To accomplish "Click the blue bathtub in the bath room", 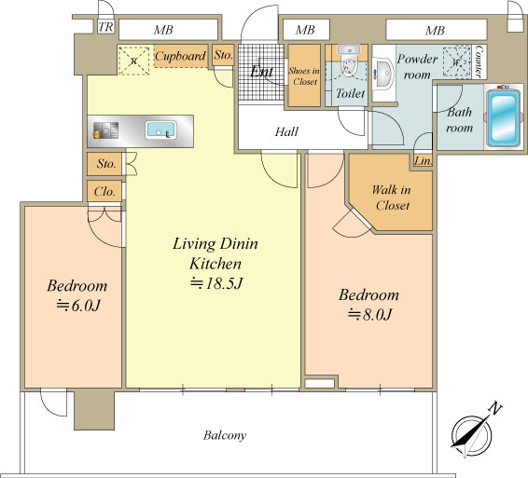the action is pos(503,116).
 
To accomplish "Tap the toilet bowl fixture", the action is pos(350,61).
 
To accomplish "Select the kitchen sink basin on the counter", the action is pos(161,130).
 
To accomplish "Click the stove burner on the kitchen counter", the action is pos(105,130).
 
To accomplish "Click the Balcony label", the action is pos(225,436).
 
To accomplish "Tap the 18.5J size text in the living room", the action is pos(216,283).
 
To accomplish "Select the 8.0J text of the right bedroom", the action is pos(369,315).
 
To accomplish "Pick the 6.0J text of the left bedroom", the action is pos(78,306).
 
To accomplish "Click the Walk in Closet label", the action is pos(392,198).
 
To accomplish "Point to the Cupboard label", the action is pos(180,56).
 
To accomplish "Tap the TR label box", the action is pos(105,27).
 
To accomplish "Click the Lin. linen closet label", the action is pos(424,161).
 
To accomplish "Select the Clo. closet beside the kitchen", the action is pos(104,191).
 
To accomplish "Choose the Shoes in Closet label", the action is pos(304,76).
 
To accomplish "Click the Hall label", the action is pos(286,131).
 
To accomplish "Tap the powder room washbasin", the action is pos(383,73).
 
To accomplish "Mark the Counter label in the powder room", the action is pos(479,61).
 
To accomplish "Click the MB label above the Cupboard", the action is pos(163,30).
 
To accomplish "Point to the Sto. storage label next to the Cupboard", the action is pos(223,55).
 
